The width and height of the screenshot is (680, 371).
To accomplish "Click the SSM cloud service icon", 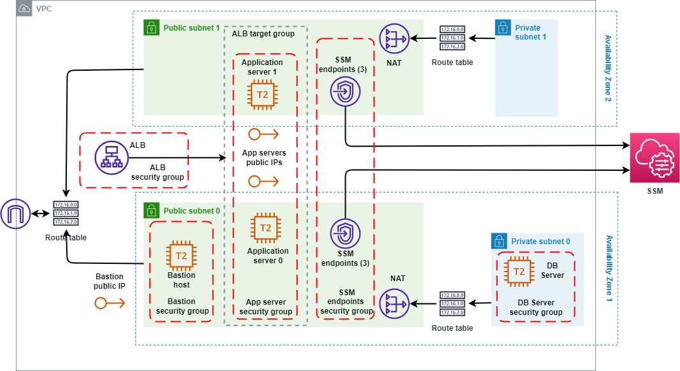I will (654, 158).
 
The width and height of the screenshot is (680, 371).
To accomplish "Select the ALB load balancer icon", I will (111, 157).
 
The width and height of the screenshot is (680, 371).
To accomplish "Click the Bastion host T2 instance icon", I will (181, 256).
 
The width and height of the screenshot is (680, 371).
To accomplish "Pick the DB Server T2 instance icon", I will (520, 272).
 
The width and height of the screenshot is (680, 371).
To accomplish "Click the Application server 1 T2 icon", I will (262, 95).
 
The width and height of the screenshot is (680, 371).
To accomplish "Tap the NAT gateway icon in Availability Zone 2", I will (393, 40).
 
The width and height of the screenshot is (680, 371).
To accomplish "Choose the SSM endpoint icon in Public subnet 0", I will (345, 233).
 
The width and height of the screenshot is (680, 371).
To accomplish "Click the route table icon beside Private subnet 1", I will (451, 38).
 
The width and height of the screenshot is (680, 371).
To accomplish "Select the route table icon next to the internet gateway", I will (66, 214).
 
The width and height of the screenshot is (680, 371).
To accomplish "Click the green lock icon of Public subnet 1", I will (151, 27).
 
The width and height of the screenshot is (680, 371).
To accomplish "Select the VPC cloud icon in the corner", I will (24, 9).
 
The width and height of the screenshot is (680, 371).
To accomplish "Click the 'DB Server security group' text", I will (535, 307).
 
